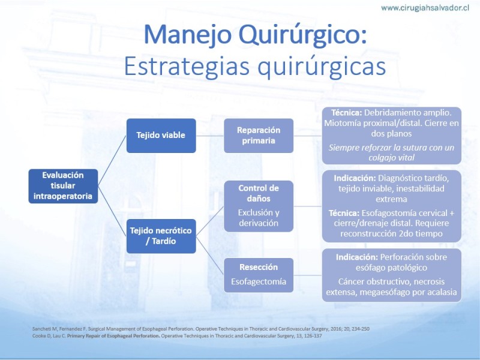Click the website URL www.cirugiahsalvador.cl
(x=425, y=8)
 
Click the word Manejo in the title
(x=187, y=35)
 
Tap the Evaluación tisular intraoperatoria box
(x=63, y=186)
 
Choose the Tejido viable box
(x=161, y=136)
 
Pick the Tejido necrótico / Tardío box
(x=161, y=236)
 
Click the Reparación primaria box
(x=259, y=136)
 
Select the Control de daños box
(x=259, y=206)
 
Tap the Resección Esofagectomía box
(x=259, y=275)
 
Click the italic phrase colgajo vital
(x=392, y=158)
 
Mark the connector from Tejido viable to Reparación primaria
(x=210, y=136)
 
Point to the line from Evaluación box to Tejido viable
(x=112, y=161)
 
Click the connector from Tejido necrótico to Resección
(x=210, y=256)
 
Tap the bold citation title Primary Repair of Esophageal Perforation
(x=113, y=336)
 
